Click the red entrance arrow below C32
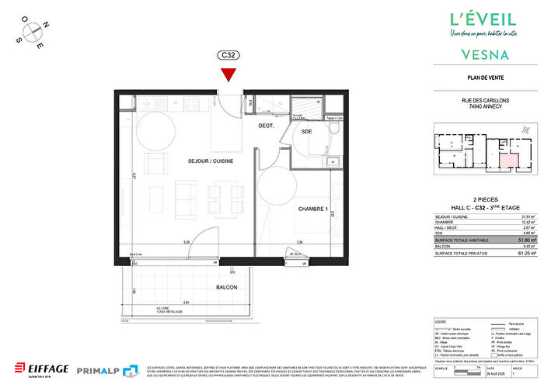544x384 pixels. point(228,74)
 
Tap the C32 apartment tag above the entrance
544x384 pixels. point(228,56)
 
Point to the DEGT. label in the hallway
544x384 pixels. point(267,126)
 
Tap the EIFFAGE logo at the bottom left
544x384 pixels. point(40,367)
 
